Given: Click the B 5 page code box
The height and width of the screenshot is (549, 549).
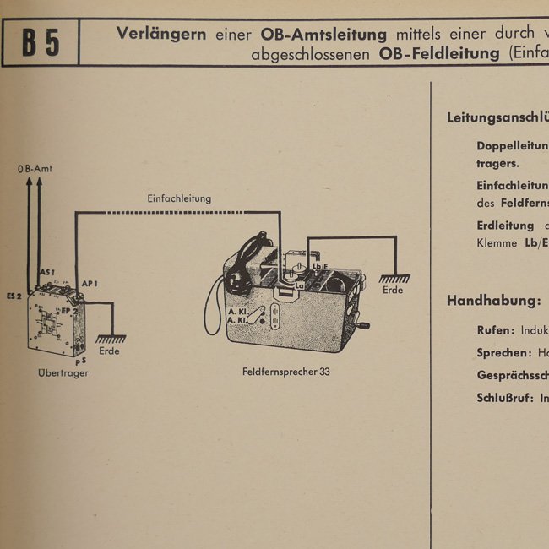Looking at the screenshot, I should pos(41,43).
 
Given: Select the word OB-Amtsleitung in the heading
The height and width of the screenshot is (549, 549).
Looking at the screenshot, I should pos(323,34).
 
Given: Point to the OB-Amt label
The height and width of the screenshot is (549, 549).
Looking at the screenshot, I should pos(35,169).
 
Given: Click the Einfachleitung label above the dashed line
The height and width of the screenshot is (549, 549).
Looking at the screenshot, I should pos(179,198).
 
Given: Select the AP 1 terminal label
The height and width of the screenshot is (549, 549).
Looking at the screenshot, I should pos(90,283).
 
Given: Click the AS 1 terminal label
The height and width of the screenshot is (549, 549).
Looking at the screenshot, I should pos(47,273).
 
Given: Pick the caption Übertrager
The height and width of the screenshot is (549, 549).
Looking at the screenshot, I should pos(63,372).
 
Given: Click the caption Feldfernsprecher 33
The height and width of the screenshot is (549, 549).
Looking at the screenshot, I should pos(285,372).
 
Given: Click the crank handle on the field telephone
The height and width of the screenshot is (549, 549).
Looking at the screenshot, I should pos(366,327).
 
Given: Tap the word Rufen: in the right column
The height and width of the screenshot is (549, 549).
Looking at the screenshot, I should pos(493,330).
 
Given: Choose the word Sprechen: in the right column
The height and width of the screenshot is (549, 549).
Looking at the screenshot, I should pos(503,352).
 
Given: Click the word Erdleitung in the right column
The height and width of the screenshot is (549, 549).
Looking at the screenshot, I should pos(505,226).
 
